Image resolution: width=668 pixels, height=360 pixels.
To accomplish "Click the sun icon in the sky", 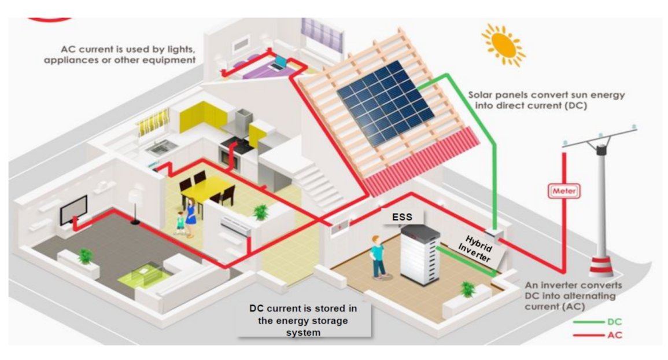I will pyautogui.click(x=503, y=43).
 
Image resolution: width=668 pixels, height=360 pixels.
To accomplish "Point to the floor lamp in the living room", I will pyautogui.click(x=134, y=205).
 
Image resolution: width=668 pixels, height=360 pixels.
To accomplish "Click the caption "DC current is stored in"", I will pyautogui.click(x=303, y=308).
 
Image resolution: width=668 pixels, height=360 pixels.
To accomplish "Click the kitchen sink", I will pyautogui.click(x=158, y=146).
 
